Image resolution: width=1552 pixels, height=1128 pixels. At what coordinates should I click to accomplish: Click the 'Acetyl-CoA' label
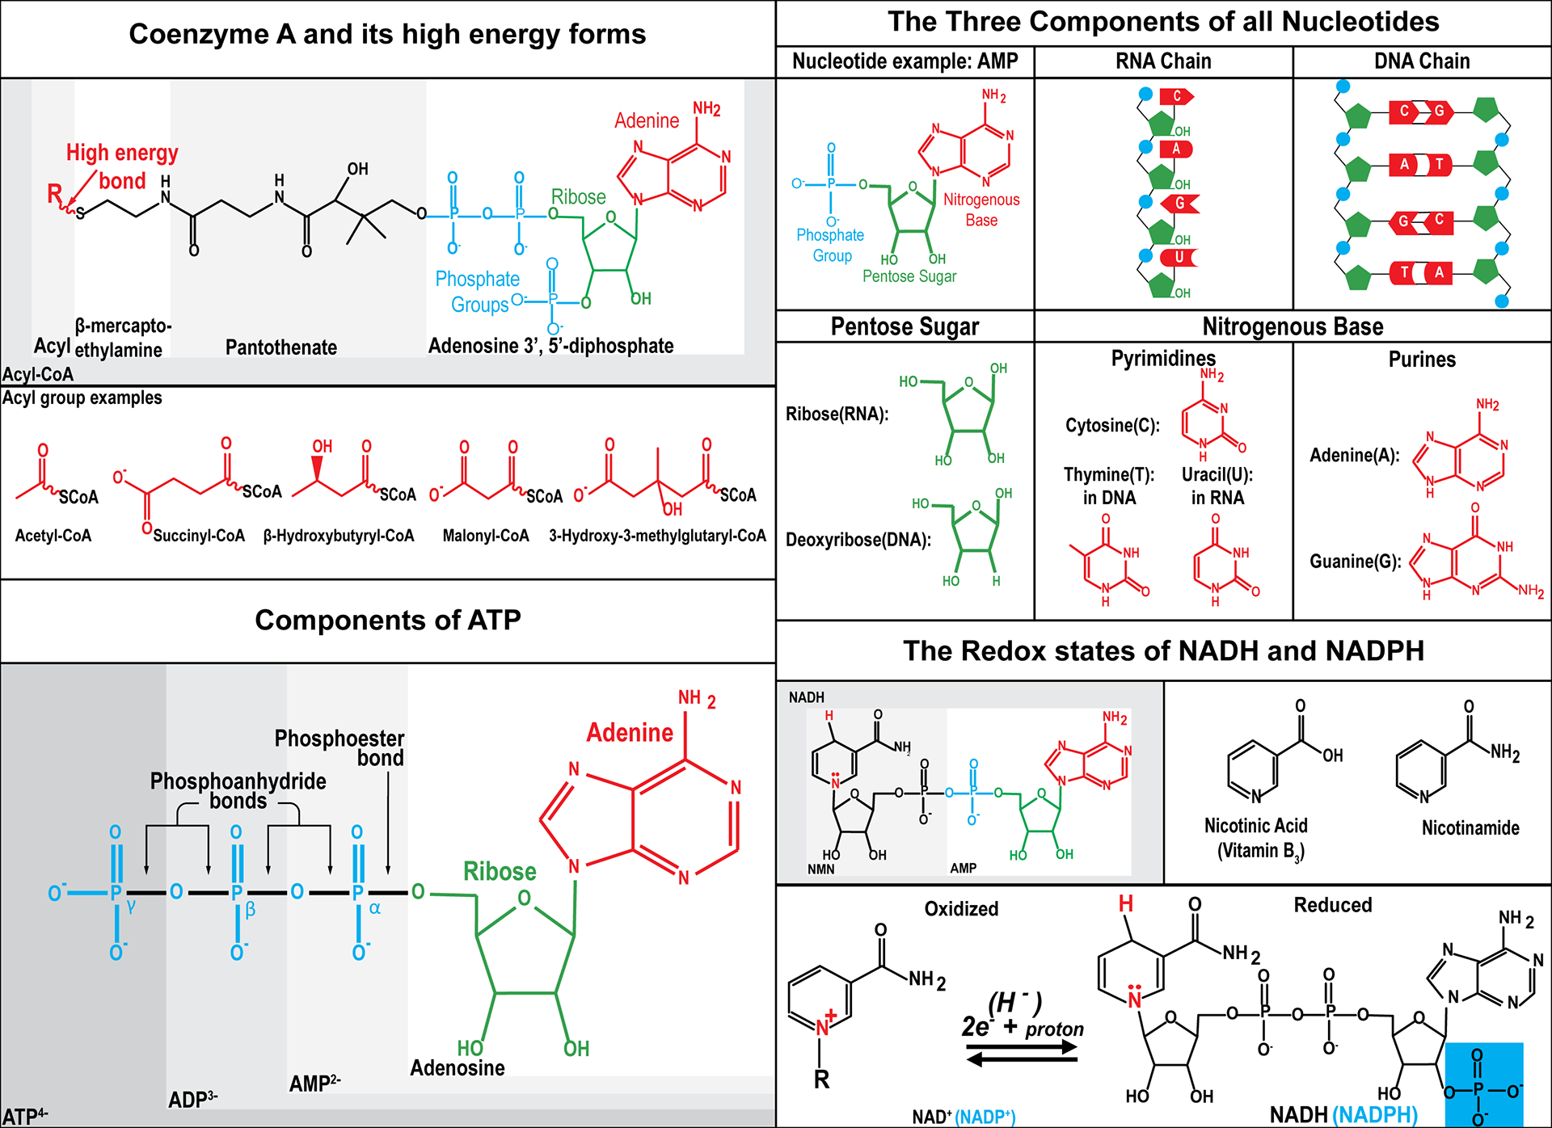click(x=53, y=536)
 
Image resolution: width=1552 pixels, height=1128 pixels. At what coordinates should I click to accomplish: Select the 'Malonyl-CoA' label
click(x=486, y=536)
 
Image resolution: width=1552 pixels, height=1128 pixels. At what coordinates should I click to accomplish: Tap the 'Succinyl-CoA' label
click(x=199, y=536)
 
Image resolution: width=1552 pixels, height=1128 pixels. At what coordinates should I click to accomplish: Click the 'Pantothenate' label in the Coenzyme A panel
click(x=281, y=347)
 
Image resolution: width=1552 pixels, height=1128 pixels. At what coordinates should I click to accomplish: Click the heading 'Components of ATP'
click(x=388, y=620)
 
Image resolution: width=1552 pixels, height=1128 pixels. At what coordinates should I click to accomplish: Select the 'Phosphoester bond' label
click(x=339, y=747)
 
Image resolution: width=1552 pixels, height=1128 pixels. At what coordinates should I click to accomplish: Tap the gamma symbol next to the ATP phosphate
click(x=131, y=907)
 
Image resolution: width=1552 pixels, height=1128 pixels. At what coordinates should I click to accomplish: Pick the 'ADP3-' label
click(x=192, y=1100)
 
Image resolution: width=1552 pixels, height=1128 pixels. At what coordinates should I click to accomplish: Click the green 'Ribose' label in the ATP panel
click(x=500, y=871)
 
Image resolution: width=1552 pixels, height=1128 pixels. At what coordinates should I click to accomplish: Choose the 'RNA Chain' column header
click(x=1163, y=61)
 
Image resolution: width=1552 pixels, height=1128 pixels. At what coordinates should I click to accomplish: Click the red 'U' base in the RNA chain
click(x=1179, y=257)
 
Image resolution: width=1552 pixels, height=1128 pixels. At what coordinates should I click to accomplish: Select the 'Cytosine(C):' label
click(x=1112, y=425)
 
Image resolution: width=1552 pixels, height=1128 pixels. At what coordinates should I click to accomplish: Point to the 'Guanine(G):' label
click(x=1356, y=561)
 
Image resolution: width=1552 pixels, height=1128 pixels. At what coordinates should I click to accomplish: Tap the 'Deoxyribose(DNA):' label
click(x=858, y=540)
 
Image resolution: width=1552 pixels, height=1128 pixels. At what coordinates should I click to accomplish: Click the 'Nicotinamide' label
click(x=1470, y=827)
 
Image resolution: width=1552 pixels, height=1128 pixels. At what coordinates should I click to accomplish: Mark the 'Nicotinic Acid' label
click(x=1255, y=826)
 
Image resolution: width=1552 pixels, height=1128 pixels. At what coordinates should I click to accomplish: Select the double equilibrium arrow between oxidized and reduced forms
click(x=1022, y=1053)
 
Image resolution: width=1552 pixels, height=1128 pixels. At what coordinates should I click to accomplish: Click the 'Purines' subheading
click(x=1422, y=360)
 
